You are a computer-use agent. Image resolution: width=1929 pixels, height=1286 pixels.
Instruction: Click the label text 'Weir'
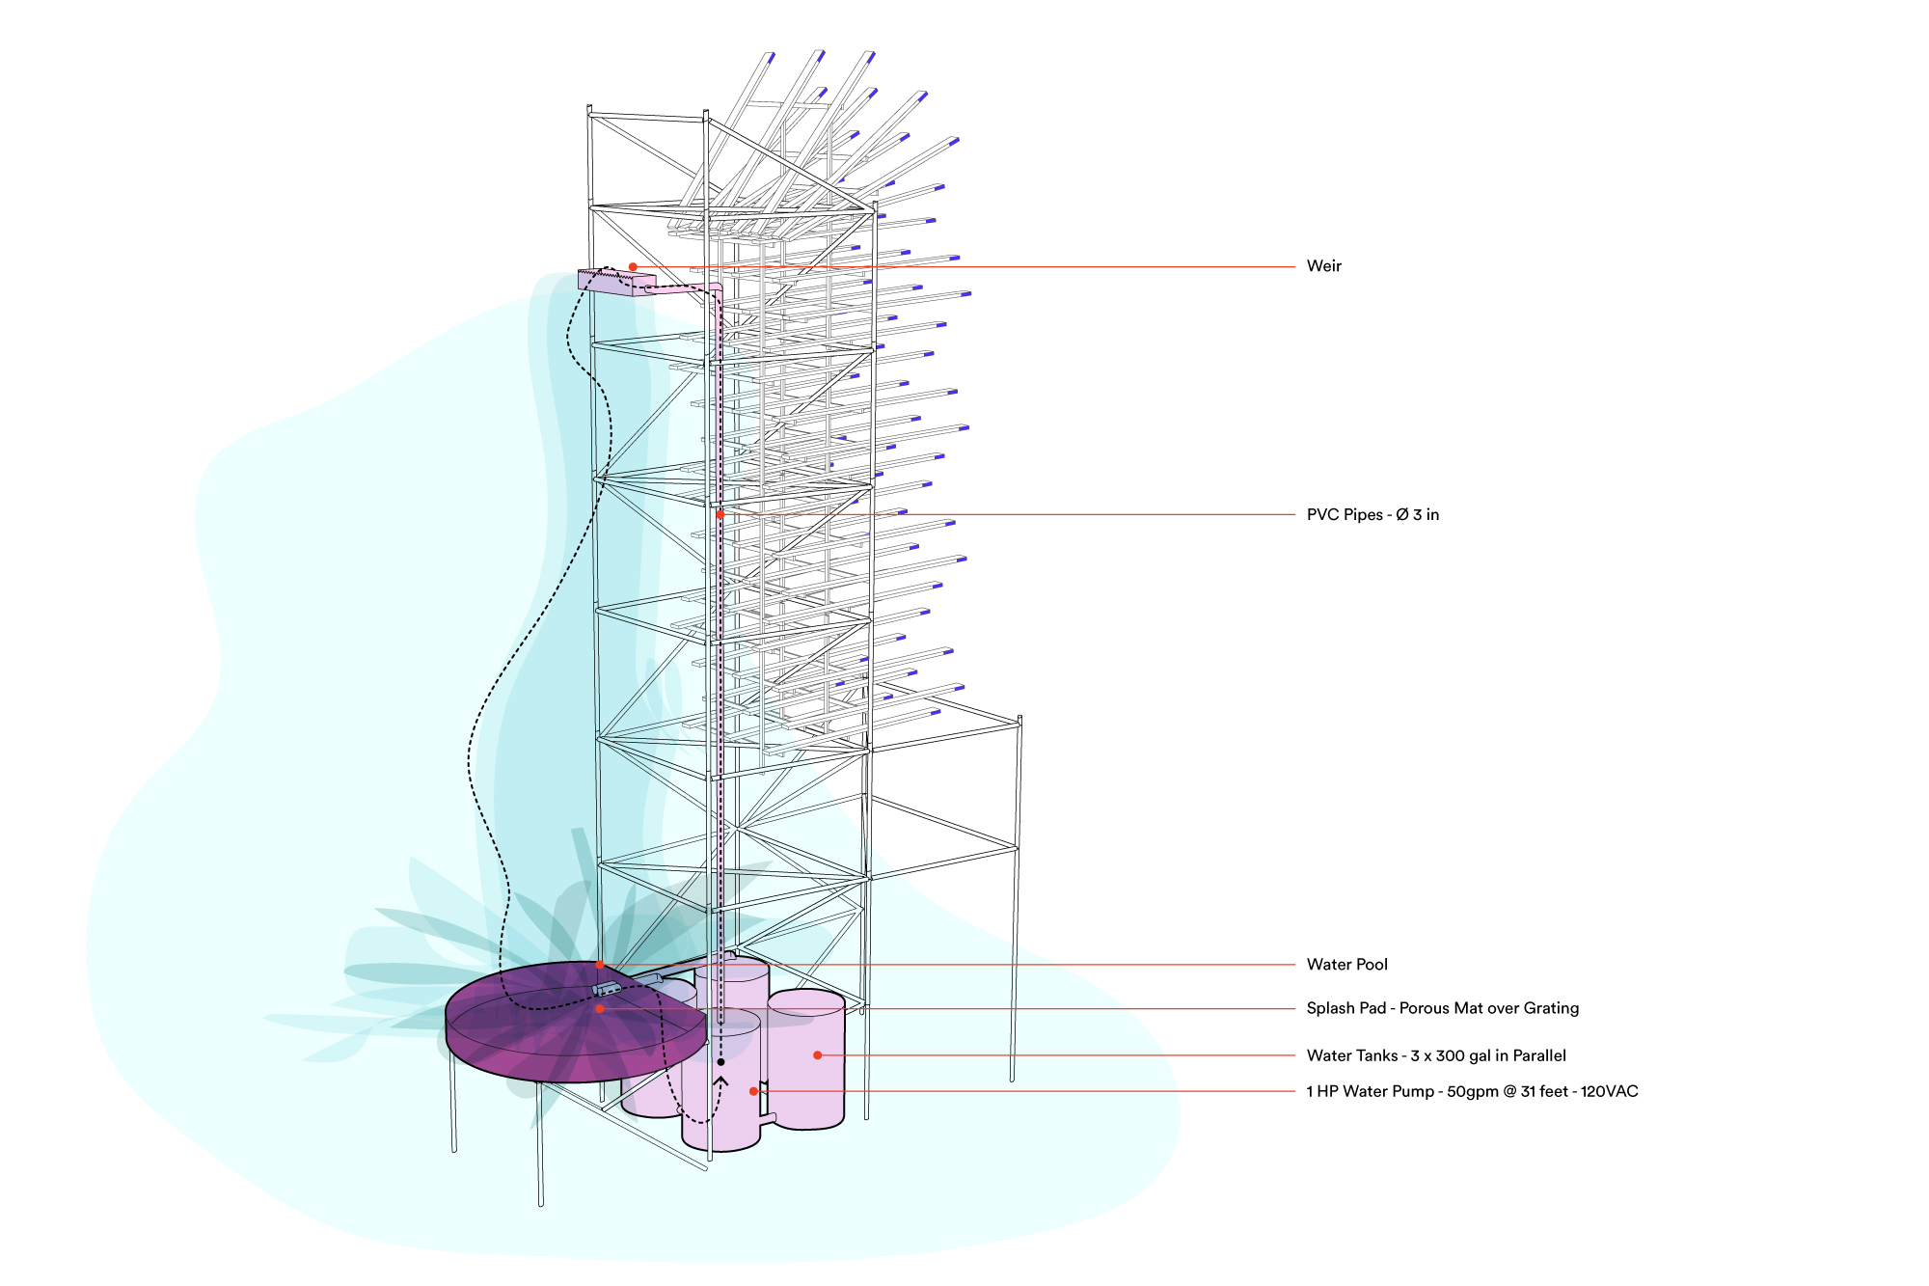pos(1323,266)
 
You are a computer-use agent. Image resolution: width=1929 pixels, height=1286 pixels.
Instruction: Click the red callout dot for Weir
pos(633,266)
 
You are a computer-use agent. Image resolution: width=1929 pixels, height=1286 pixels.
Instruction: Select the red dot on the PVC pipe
pos(720,514)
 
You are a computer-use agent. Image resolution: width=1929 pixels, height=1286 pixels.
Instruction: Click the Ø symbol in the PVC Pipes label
pos(1401,515)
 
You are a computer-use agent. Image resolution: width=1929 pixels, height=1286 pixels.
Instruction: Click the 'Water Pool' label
pos(1346,965)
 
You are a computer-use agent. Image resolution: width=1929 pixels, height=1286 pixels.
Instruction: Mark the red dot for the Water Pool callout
pos(599,965)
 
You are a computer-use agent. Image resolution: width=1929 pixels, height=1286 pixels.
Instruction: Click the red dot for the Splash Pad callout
pos(599,1008)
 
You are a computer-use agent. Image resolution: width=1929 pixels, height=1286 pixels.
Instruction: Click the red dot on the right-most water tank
pos(817,1055)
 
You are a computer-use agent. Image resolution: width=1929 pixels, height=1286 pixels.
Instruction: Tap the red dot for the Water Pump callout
pos(753,1091)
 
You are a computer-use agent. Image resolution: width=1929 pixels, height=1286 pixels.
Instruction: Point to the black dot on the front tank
pos(720,1062)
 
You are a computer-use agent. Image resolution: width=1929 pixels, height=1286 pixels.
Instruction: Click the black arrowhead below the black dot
pos(720,1081)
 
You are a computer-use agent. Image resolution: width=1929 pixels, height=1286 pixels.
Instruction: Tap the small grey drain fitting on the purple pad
pos(608,988)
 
